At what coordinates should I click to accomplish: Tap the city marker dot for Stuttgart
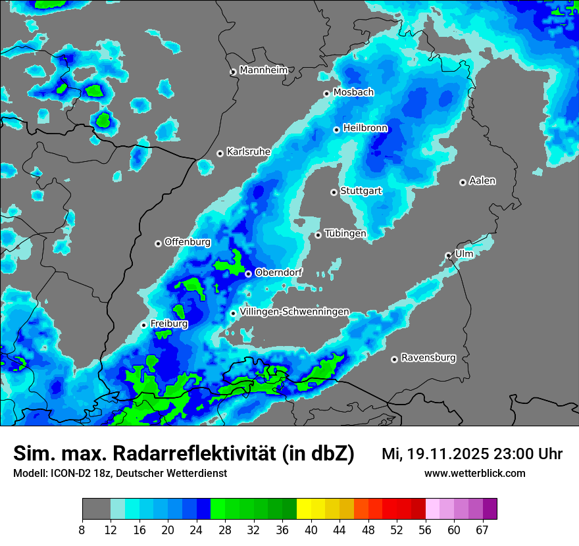[x=334, y=192]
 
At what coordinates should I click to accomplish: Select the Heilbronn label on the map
[x=365, y=128]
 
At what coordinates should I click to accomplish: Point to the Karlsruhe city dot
[x=220, y=153]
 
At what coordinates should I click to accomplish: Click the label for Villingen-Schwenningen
[x=294, y=312]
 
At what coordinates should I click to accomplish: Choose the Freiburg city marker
[x=143, y=325]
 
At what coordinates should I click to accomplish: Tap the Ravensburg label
[x=428, y=358]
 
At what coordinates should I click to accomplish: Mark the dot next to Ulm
[x=448, y=255]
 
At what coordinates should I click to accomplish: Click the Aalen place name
[x=482, y=181]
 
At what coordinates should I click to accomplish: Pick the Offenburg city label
[x=188, y=242]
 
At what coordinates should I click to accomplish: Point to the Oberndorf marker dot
[x=248, y=274]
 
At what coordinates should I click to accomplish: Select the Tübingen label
[x=345, y=234]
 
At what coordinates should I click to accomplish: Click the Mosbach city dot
[x=326, y=93]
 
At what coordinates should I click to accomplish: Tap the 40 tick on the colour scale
[x=311, y=530]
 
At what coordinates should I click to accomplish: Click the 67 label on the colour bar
[x=482, y=530]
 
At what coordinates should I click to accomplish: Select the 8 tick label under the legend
[x=82, y=530]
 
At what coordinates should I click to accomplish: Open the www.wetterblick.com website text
[x=474, y=473]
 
